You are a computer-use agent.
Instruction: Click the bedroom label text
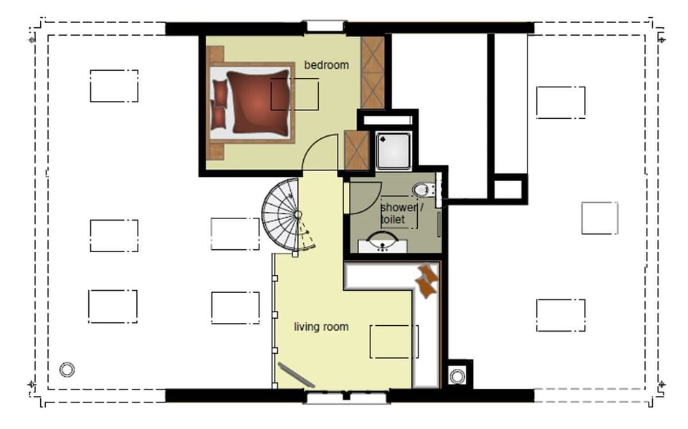pyautogui.click(x=327, y=65)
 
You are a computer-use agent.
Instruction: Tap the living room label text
pyautogui.click(x=321, y=327)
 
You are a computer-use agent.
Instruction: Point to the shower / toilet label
pyautogui.click(x=401, y=213)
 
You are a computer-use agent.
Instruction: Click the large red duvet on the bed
pyautogui.click(x=259, y=102)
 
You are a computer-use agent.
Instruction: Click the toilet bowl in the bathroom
pyautogui.click(x=421, y=190)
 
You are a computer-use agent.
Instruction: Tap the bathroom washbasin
pyautogui.click(x=383, y=243)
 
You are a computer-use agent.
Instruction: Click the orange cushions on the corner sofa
pyautogui.click(x=426, y=281)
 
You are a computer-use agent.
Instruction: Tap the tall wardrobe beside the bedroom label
pyautogui.click(x=373, y=72)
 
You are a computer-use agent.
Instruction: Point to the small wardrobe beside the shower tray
pyautogui.click(x=356, y=150)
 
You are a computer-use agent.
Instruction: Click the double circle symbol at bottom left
pyautogui.click(x=67, y=370)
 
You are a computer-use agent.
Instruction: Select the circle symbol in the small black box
pyautogui.click(x=457, y=376)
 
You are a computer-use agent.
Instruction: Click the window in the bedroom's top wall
pyautogui.click(x=325, y=26)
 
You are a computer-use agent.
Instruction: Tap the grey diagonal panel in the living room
pyautogui.click(x=296, y=375)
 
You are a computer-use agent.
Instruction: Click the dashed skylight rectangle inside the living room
pyautogui.click(x=393, y=342)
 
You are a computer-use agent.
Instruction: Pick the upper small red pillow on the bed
pyautogui.click(x=220, y=93)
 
